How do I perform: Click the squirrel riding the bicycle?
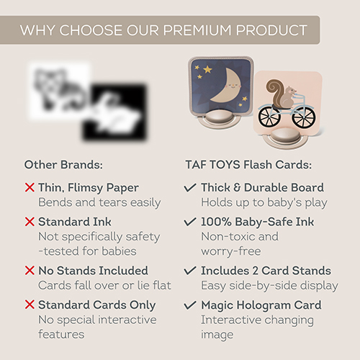coord(283,94)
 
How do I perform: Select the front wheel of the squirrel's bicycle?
coord(304,117)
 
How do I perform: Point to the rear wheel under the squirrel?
coord(269,117)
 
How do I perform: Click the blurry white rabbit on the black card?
coord(115,114)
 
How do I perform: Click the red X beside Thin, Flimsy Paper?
coord(30,187)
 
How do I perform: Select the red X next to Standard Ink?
coord(30,222)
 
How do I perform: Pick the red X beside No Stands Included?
coord(30,271)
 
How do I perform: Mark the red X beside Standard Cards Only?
coord(30,305)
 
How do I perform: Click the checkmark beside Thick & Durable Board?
coord(190,187)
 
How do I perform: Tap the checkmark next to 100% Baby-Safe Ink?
coord(190,222)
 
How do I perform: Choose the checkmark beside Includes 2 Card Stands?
coord(190,271)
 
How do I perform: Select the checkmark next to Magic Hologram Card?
coord(190,305)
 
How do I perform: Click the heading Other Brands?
coord(63,165)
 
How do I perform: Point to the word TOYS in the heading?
coord(225,165)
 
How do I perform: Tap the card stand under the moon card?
coord(219,119)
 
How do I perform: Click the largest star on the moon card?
coord(207,70)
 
